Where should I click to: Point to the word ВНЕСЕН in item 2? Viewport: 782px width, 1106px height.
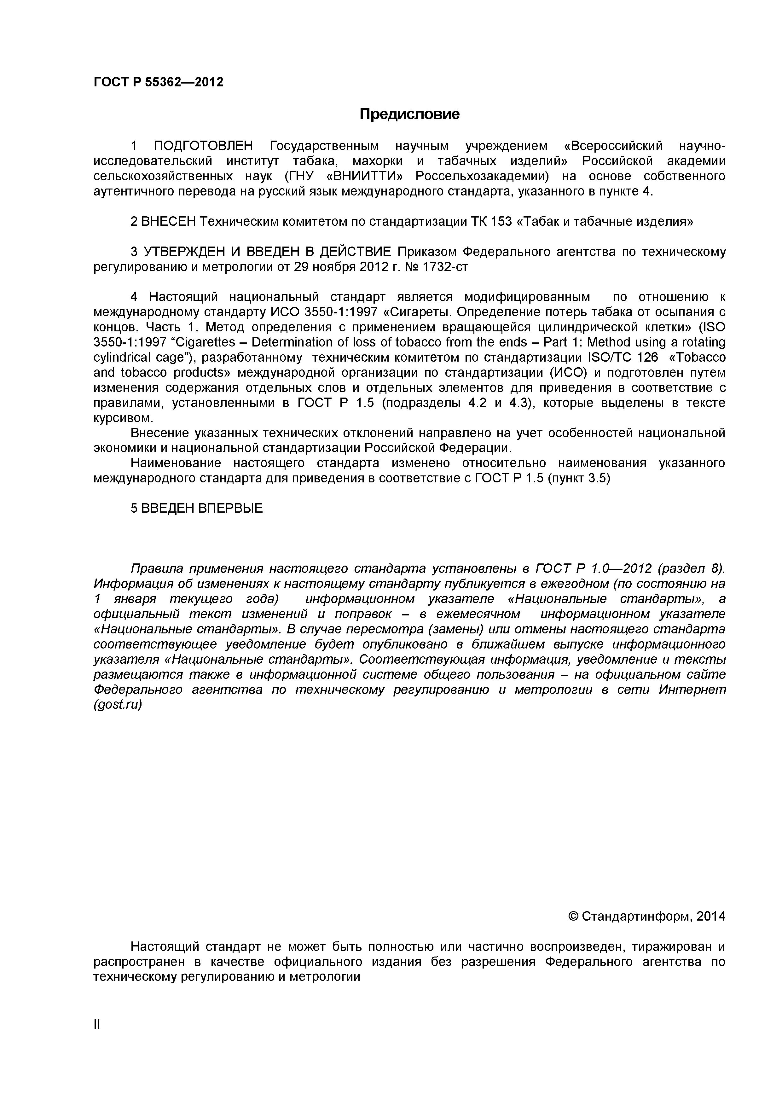point(169,222)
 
